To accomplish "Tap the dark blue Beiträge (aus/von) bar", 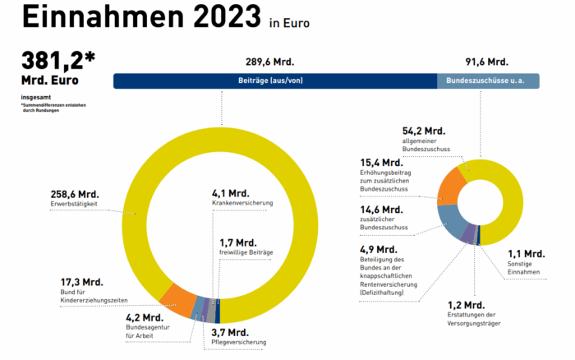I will click(274, 81).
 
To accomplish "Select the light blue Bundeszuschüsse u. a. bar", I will click(488, 81).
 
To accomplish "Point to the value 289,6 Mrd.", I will click(269, 62).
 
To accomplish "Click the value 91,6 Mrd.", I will click(487, 62).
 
